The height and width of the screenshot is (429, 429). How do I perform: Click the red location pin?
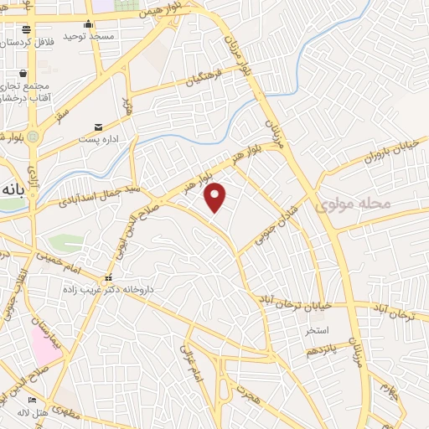pos(215,197)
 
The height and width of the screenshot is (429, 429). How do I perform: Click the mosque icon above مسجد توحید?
pos(89,24)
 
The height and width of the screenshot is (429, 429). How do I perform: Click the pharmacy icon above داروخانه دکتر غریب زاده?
pos(107,278)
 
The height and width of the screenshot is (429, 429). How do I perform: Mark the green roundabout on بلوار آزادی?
pos(33,135)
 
